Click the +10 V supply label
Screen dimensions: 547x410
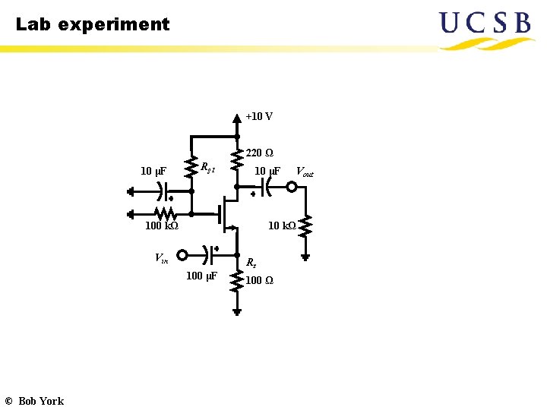coord(259,117)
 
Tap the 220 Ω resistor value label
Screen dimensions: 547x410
coord(260,153)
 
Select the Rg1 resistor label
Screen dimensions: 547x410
coord(207,167)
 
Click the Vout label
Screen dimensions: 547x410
coord(304,172)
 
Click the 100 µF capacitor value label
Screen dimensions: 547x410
coord(201,276)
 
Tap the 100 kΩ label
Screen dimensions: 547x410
coord(161,225)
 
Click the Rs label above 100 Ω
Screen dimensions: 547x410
coord(251,263)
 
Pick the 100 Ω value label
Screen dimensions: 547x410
coord(259,281)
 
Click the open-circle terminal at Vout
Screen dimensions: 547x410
coord(291,187)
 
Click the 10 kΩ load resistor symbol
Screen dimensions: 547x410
coord(305,225)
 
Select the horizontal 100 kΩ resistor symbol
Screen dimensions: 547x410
coord(165,213)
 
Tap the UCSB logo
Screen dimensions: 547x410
coord(486,29)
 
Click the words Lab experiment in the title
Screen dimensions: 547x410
coord(93,24)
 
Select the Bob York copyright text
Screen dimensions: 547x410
coord(34,401)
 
